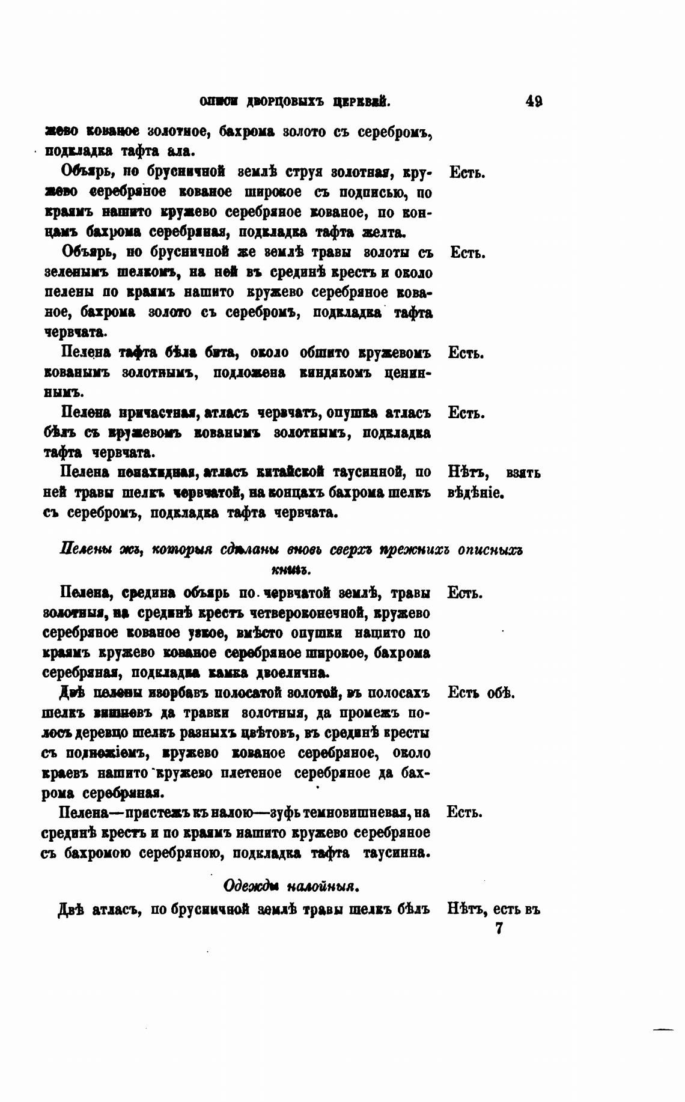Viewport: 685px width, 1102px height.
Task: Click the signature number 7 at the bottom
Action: (498, 929)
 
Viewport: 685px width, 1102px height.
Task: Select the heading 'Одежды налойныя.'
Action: (291, 886)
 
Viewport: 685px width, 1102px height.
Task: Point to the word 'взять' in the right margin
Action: (523, 473)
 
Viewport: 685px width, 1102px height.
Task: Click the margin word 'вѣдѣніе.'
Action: (475, 493)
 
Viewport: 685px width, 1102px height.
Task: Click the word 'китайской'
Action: (291, 473)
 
